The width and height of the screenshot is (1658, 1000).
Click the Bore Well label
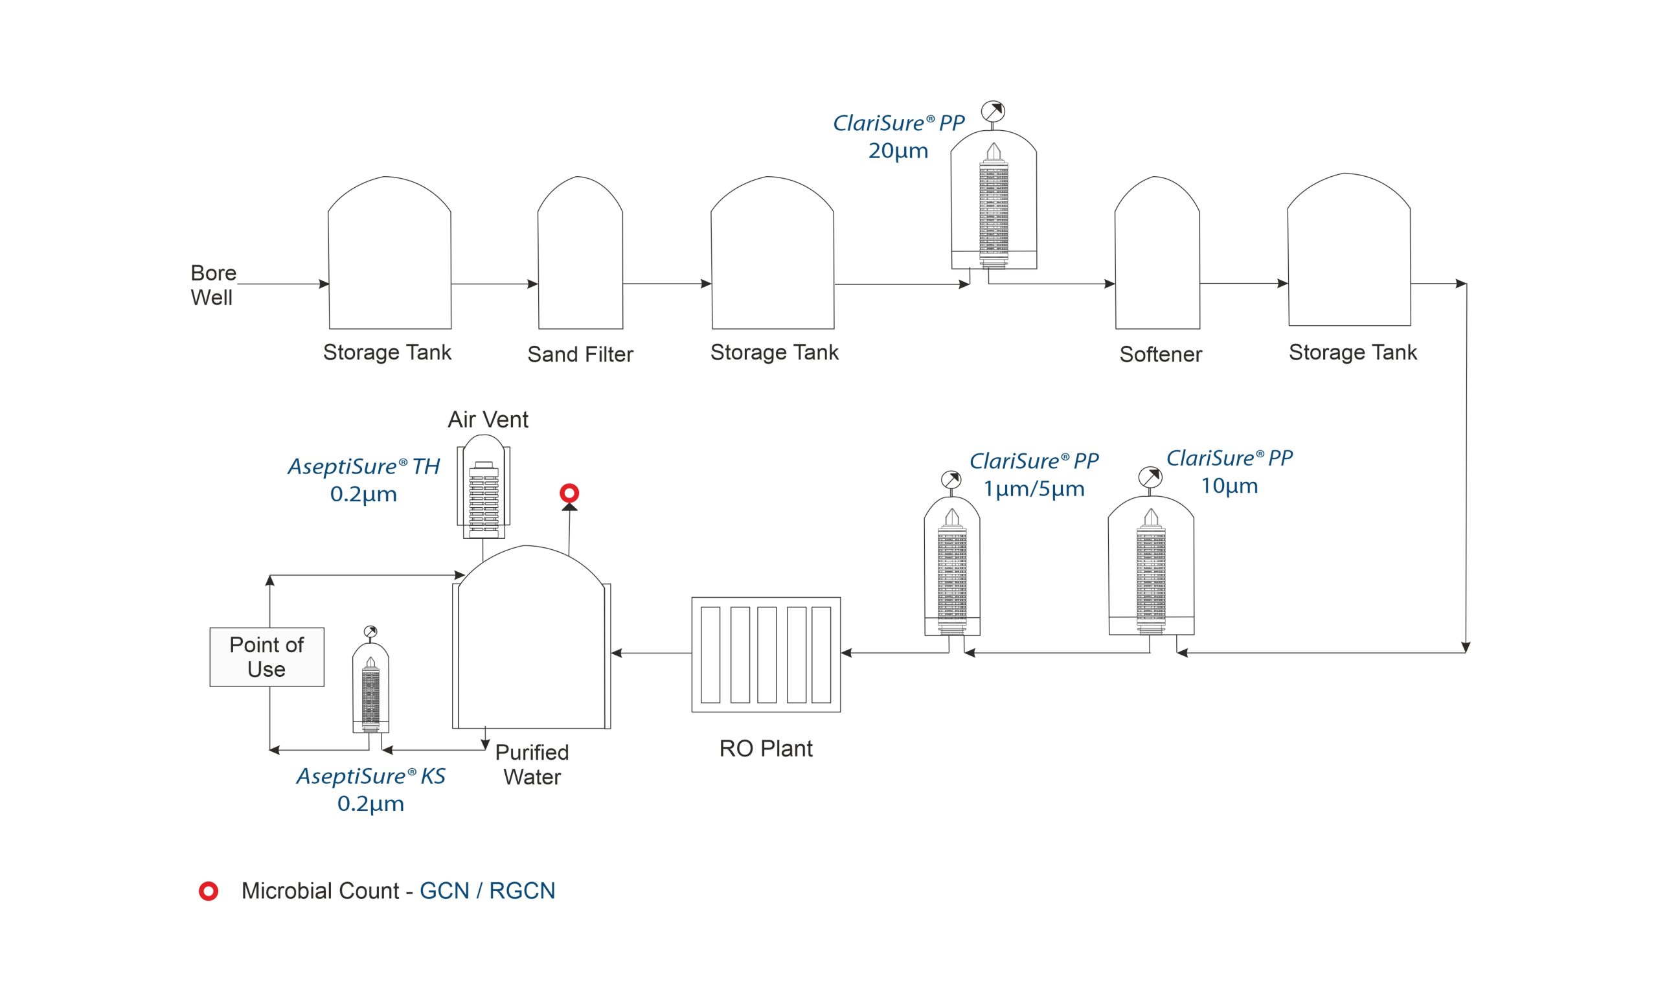(x=213, y=286)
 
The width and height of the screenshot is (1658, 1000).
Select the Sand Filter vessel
(x=580, y=253)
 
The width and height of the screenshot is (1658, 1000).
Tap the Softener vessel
(x=1157, y=253)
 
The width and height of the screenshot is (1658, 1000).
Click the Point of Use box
(x=267, y=657)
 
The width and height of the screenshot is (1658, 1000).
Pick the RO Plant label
(x=766, y=749)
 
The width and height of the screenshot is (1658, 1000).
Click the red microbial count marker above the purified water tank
(x=569, y=494)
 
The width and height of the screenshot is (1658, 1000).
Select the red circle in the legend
(x=209, y=892)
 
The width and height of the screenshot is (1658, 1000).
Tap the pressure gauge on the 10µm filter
(x=1150, y=478)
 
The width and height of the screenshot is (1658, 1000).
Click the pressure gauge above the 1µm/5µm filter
(x=951, y=481)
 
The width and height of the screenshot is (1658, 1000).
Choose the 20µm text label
(x=898, y=151)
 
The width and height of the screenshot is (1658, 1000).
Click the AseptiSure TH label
(x=364, y=466)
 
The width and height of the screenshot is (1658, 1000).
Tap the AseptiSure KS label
(x=370, y=777)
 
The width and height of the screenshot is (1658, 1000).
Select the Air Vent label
(x=488, y=420)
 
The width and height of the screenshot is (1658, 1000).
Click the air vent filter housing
(x=483, y=486)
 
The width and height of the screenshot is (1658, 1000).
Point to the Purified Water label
(x=532, y=764)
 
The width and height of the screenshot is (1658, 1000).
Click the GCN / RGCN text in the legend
(x=488, y=891)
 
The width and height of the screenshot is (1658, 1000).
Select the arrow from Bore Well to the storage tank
(x=283, y=284)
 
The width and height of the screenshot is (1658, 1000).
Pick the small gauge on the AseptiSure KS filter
(x=370, y=632)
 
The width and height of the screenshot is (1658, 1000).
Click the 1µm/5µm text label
(x=1034, y=489)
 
